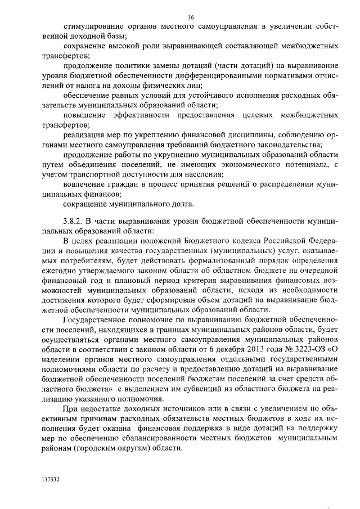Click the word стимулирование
click(x=94, y=26)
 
